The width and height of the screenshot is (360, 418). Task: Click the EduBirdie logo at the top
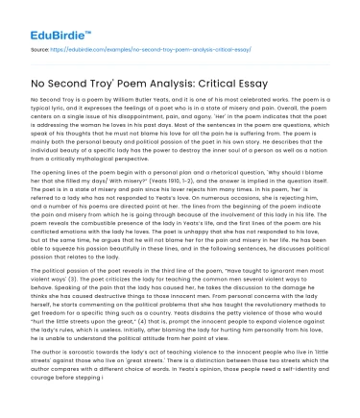pyautogui.click(x=40, y=16)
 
